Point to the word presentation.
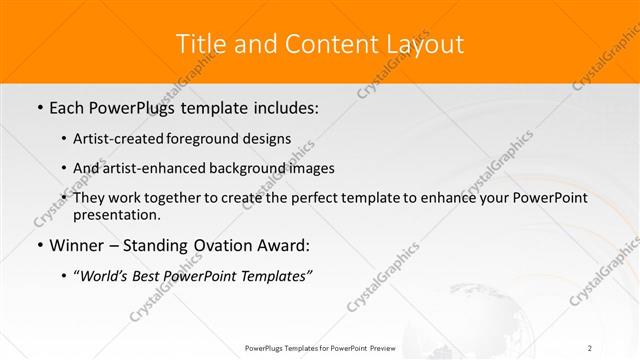[x=116, y=214]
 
